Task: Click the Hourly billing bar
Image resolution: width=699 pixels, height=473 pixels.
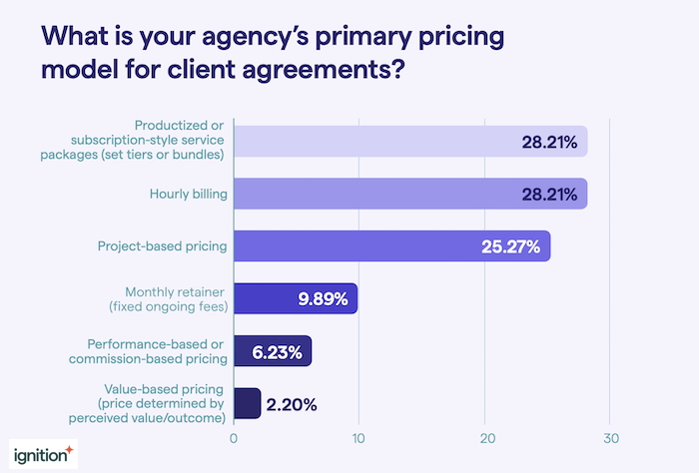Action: click(x=409, y=194)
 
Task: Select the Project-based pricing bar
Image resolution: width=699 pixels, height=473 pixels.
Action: click(x=391, y=246)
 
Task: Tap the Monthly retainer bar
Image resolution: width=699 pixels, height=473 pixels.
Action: click(x=295, y=299)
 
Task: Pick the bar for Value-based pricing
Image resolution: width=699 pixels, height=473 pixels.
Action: click(x=247, y=404)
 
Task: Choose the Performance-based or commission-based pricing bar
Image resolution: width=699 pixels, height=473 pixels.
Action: click(x=272, y=351)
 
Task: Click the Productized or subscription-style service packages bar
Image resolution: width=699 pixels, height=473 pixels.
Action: click(x=409, y=142)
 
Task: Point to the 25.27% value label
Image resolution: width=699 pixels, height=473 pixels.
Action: click(x=512, y=246)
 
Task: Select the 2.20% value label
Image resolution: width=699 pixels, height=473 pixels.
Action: click(x=293, y=404)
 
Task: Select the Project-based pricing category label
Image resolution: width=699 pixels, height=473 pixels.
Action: click(x=162, y=246)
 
